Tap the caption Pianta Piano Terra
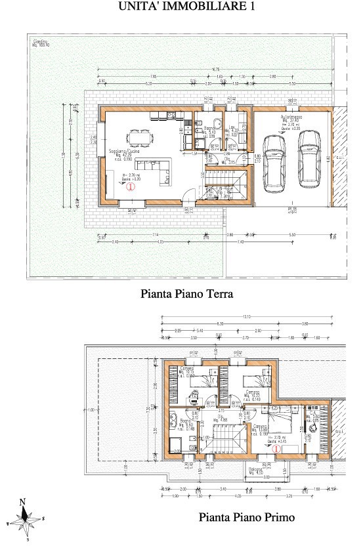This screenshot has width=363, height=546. point(186,295)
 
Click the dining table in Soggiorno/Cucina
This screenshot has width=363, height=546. point(139,137)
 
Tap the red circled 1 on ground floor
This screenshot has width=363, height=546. point(130,186)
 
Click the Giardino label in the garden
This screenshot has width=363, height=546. point(41,43)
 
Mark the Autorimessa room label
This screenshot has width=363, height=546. point(291,116)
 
